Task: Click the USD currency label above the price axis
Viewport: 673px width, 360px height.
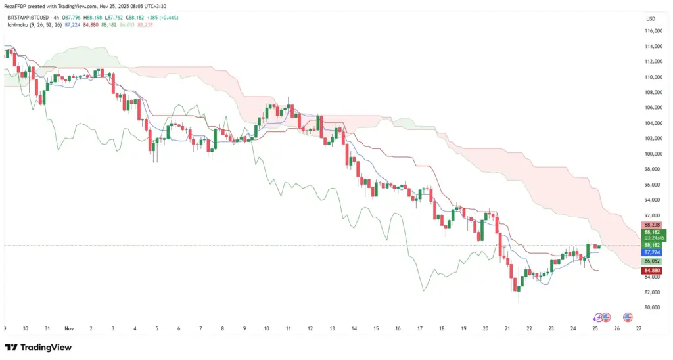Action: click(652, 18)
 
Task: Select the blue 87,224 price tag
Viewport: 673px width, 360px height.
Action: click(652, 252)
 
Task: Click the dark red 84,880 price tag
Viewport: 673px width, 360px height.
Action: click(652, 270)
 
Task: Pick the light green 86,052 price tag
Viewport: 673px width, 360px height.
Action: click(652, 261)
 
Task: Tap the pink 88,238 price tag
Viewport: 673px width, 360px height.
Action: click(652, 225)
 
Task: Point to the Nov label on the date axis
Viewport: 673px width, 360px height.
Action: click(69, 328)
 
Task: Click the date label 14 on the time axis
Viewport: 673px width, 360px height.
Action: click(354, 328)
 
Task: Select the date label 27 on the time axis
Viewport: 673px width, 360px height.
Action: click(639, 328)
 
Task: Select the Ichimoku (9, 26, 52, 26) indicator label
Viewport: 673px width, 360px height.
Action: click(35, 25)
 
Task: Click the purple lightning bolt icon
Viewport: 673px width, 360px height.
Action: click(597, 317)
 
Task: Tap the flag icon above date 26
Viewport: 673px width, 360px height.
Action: click(628, 317)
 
